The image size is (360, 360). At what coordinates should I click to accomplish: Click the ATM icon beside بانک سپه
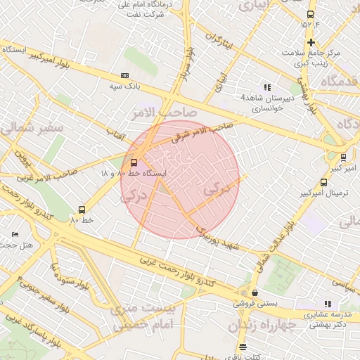(x=125, y=75)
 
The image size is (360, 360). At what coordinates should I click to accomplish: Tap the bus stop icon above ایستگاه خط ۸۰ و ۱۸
(x=134, y=162)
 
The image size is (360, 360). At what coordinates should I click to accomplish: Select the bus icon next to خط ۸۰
(x=82, y=209)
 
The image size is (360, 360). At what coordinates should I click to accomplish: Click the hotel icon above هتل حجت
(x=15, y=234)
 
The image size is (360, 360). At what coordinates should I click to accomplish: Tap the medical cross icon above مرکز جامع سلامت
(x=311, y=43)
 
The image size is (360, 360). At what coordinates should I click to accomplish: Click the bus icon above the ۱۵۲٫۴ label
(x=310, y=14)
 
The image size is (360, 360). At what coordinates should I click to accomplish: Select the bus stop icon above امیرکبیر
(x=343, y=157)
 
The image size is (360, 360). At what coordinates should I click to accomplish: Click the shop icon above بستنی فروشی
(x=254, y=293)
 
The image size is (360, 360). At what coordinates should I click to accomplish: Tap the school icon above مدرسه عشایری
(x=327, y=303)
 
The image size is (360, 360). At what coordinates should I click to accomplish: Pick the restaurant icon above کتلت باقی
(x=243, y=347)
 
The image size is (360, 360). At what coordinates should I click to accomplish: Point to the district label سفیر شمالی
(x=32, y=129)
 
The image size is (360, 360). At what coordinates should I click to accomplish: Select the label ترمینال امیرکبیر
(x=324, y=192)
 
